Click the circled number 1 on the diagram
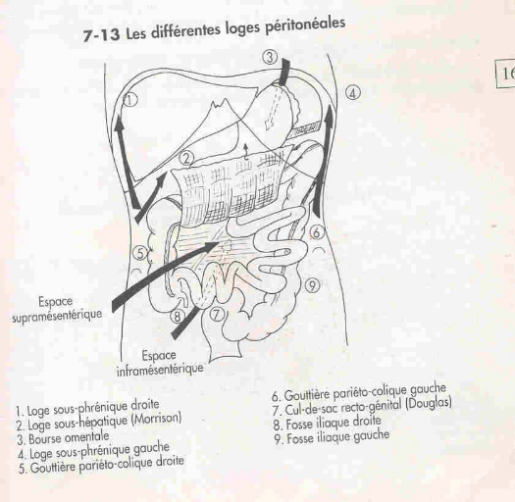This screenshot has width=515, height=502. [x=130, y=99]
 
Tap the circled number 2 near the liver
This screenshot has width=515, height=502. [x=187, y=158]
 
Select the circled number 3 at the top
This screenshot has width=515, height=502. [x=270, y=57]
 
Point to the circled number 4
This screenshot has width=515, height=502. [x=352, y=93]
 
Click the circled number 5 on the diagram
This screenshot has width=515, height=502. [x=140, y=253]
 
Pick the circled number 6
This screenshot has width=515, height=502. [x=316, y=232]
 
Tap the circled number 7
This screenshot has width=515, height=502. [x=216, y=314]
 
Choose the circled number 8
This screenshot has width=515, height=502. [x=178, y=317]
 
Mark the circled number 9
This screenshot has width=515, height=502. [x=313, y=285]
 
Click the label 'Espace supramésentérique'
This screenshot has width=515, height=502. [x=57, y=309]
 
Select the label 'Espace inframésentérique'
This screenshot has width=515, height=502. [x=160, y=363]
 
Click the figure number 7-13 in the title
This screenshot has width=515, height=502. [x=101, y=35]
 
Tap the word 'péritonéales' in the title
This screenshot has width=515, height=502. [x=304, y=25]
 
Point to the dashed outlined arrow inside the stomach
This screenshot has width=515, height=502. [x=274, y=107]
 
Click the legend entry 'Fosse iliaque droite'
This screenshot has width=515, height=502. [x=327, y=423]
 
